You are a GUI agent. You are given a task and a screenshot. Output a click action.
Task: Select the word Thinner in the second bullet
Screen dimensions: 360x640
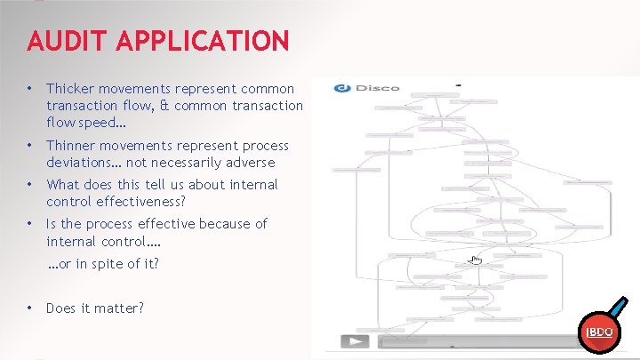[70, 146]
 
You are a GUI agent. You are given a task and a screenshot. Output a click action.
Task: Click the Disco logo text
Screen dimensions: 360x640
[378, 88]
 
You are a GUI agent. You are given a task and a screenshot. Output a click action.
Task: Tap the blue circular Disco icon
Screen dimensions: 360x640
[341, 88]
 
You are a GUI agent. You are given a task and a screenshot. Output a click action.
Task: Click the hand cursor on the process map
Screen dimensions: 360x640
[476, 260]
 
